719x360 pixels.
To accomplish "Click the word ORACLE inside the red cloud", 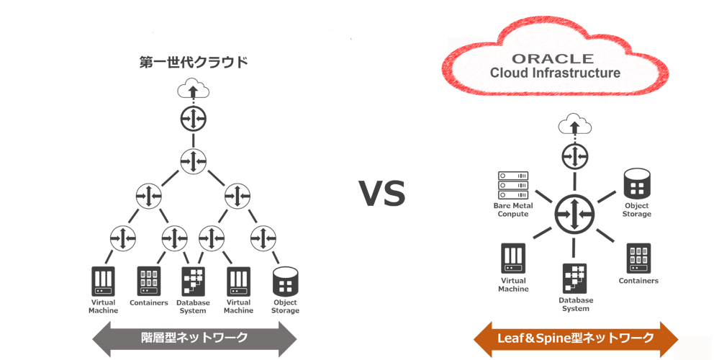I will [553, 58].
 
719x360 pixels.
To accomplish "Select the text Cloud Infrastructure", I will [554, 73].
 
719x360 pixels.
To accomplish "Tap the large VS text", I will [382, 193].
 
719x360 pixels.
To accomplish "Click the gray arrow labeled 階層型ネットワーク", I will [194, 337].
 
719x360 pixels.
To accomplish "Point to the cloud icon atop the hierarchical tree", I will [194, 91].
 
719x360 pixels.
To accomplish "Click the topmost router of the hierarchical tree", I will [194, 117].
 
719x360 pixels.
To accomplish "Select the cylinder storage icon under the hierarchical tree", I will [285, 282].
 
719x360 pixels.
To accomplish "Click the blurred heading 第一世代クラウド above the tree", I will [194, 63].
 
